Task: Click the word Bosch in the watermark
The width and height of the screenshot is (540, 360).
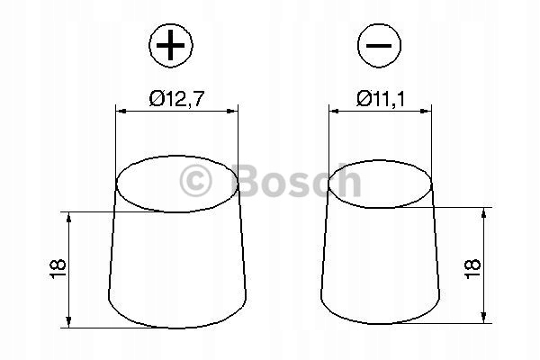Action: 296,182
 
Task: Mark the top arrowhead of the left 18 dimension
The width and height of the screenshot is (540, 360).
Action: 67,216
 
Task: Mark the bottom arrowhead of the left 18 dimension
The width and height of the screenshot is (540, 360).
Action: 67,322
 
